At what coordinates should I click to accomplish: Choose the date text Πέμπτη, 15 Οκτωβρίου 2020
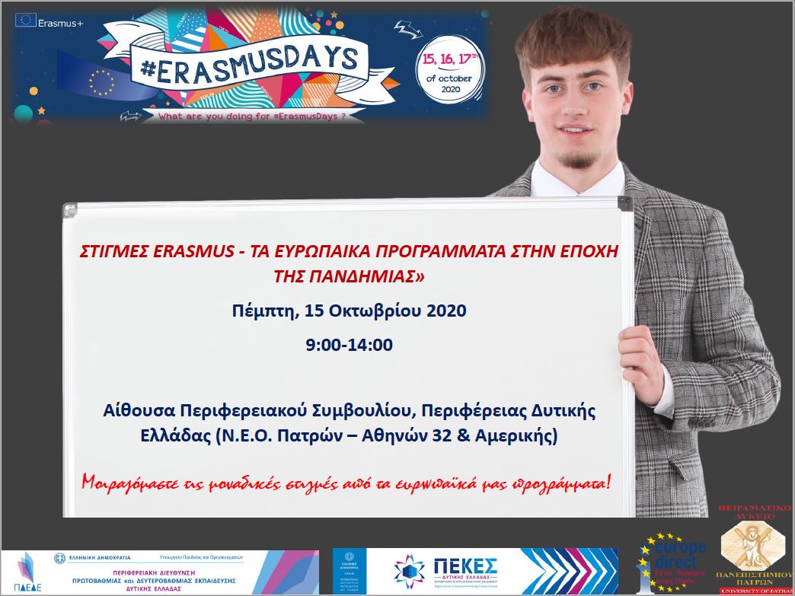point(348,311)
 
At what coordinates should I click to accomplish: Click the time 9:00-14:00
point(349,344)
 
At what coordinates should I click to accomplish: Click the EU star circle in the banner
point(101,81)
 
